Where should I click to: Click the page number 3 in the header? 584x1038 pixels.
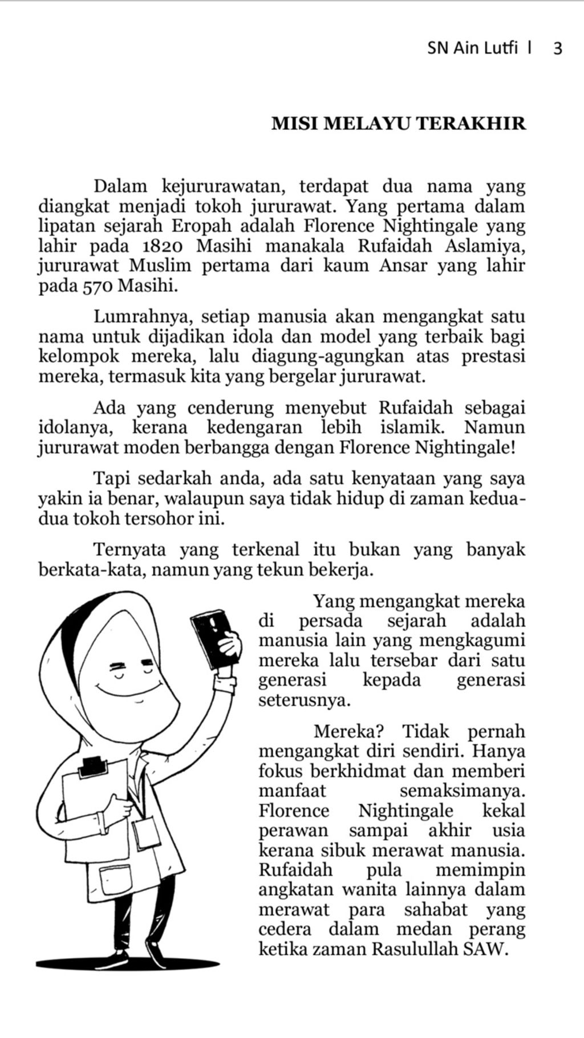tap(558, 48)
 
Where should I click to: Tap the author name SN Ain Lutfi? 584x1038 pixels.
tap(472, 48)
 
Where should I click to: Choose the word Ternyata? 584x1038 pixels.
tap(130, 549)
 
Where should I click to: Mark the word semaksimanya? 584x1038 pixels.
tap(462, 791)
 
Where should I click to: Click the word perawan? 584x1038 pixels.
tap(293, 831)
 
